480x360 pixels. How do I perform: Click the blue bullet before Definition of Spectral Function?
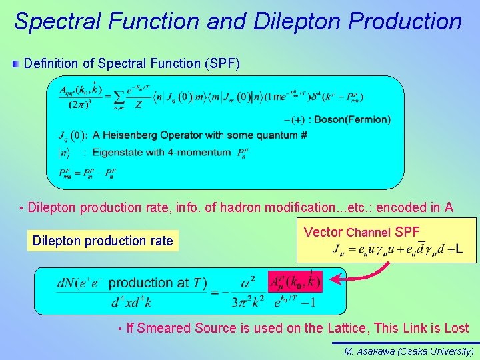click(16, 64)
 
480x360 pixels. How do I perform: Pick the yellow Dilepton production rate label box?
click(103, 241)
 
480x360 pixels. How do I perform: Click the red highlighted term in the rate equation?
click(295, 282)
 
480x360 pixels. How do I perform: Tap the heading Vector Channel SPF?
click(361, 232)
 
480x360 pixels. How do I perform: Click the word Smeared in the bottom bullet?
click(164, 328)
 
